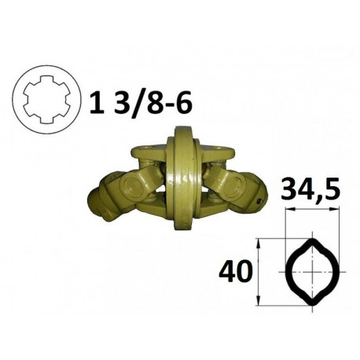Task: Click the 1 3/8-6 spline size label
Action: (x=141, y=103)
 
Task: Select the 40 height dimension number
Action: (x=234, y=272)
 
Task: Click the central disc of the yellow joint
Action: (x=183, y=178)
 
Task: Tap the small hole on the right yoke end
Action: (x=259, y=201)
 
